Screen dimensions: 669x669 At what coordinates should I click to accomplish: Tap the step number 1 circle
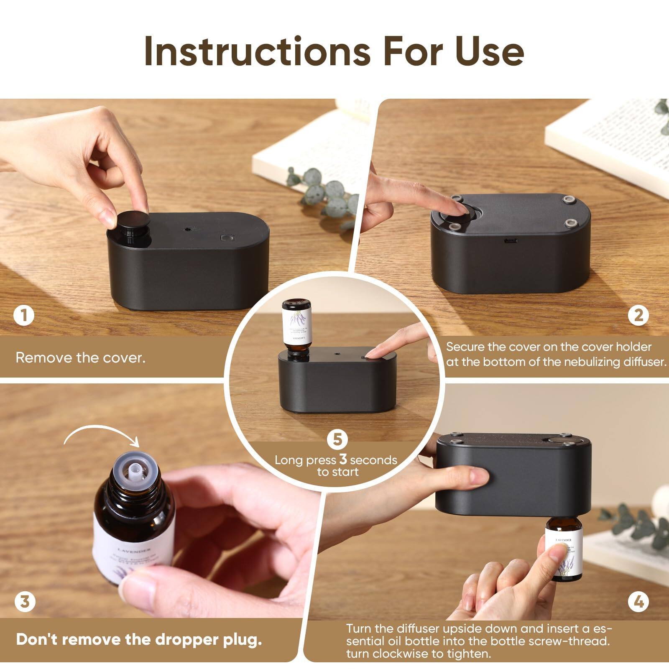coord(24,315)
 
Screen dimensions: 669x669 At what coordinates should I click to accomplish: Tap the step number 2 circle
coord(638,315)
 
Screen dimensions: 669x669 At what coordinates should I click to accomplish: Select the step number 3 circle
coord(25,602)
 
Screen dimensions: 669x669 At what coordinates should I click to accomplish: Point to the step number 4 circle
coord(638,602)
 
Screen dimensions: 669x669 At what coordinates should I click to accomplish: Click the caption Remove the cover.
coord(80,358)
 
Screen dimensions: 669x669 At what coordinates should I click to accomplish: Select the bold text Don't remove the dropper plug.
coord(139,640)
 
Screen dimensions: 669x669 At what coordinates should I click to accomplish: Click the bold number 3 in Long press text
coord(343,459)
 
